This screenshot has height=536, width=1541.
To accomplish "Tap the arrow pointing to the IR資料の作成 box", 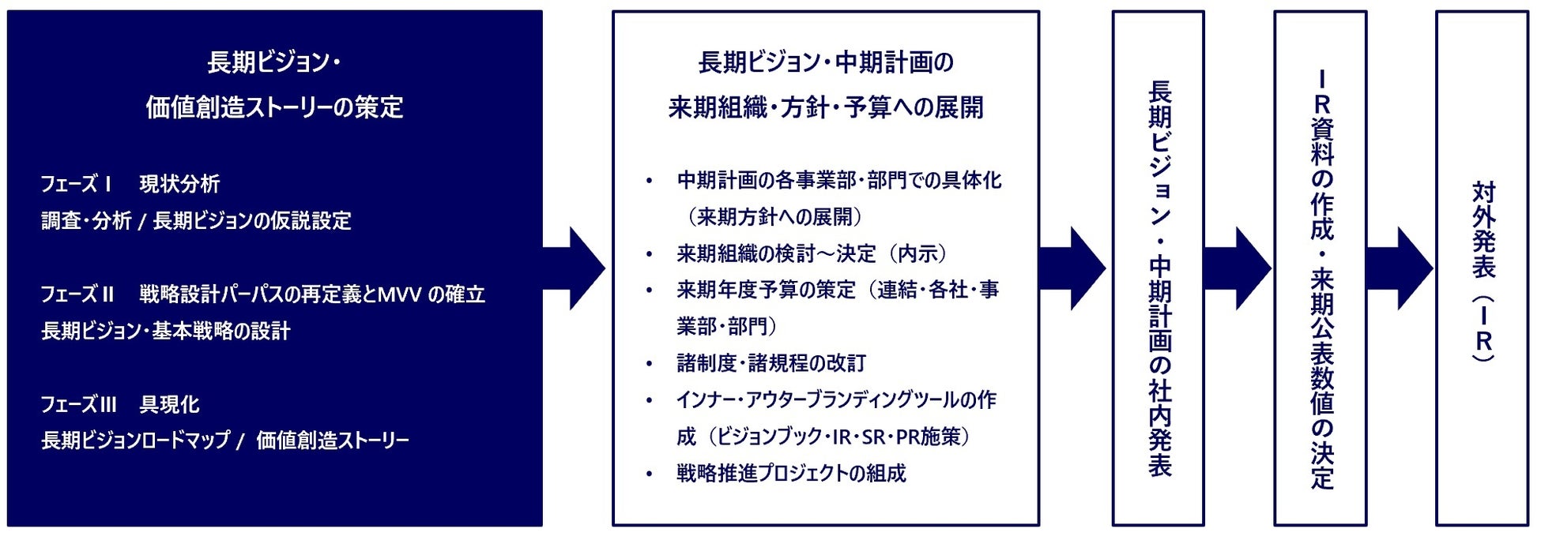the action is (x=1238, y=268).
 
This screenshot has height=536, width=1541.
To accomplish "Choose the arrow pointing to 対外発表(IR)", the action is (x=1401, y=268).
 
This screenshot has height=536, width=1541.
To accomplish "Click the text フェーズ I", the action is (x=76, y=184).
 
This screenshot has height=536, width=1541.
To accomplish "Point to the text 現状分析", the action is (x=179, y=184).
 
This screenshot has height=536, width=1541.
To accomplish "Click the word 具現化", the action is (x=169, y=404).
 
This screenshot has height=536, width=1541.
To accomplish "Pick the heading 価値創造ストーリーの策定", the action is (x=274, y=107).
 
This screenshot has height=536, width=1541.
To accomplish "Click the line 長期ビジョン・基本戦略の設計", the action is (x=166, y=331).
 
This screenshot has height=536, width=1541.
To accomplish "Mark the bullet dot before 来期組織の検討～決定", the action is (x=650, y=254).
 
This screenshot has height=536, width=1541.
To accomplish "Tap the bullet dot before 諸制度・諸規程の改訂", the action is (x=650, y=364).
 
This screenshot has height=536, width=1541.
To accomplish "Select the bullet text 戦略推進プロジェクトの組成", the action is (x=791, y=473).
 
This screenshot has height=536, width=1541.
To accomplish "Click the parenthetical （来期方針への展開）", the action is (x=775, y=216).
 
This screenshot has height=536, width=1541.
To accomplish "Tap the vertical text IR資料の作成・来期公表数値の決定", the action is (x=1321, y=279).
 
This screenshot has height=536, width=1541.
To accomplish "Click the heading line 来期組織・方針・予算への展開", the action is (x=826, y=107).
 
